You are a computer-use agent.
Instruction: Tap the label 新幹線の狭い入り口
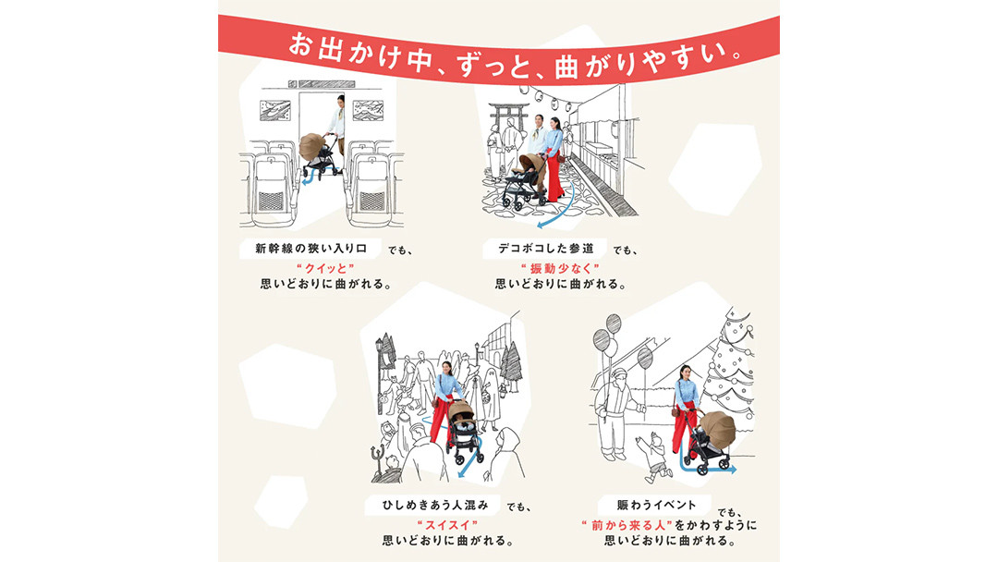point(311,249)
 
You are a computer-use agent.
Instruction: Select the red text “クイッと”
point(325,268)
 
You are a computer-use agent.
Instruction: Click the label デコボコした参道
point(545,249)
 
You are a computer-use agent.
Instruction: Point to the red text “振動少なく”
point(560,268)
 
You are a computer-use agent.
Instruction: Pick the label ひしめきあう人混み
point(435,505)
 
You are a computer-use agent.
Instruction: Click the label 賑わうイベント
point(656,505)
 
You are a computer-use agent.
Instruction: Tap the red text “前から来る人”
point(627,525)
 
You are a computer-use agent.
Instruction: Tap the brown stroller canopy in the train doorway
point(312,147)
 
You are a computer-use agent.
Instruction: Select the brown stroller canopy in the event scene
point(718,428)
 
